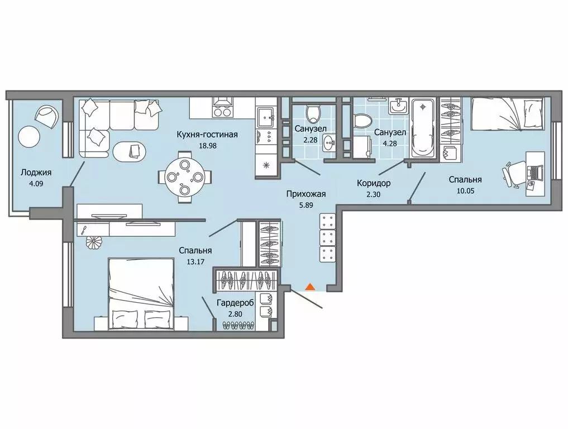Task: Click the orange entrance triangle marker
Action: coord(310,287)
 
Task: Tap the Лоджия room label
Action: coord(36,173)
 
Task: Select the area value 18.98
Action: coord(207,146)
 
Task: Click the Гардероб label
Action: coord(235,303)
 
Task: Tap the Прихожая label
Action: coord(306,194)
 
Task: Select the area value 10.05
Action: coord(465,191)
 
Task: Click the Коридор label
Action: coord(374,183)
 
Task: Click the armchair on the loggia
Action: coord(47,116)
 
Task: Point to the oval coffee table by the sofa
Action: coord(130,151)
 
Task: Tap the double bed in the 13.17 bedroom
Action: coord(141,294)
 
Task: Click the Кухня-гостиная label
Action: coord(207,135)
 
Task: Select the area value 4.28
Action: coord(390,144)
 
